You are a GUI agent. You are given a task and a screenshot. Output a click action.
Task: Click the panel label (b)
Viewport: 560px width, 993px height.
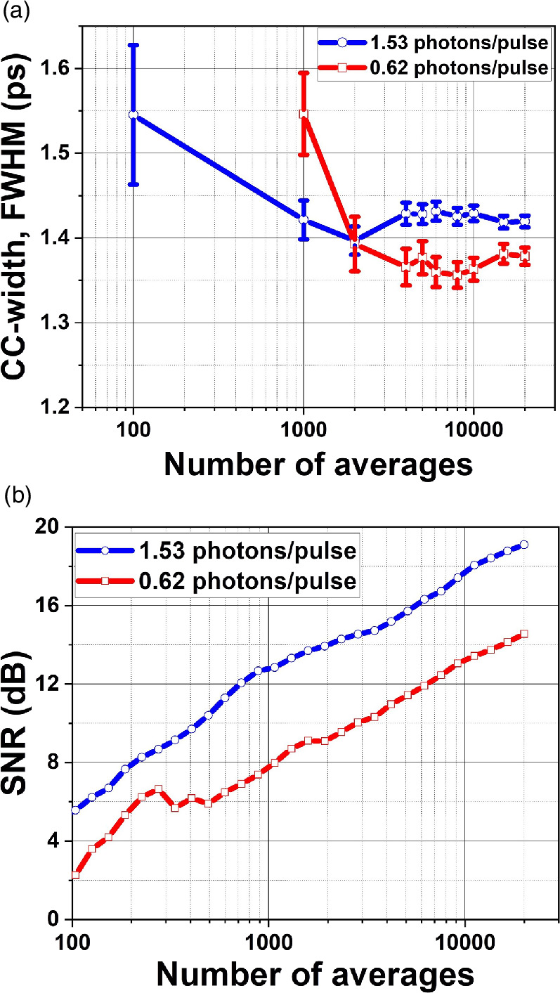click(14, 495)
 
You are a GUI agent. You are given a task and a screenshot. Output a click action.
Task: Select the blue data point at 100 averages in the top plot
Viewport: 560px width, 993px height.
click(133, 115)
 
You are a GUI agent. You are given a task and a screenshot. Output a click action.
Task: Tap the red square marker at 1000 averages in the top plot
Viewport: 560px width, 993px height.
click(304, 114)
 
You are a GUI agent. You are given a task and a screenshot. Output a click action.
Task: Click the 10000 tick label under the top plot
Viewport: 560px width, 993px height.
click(473, 429)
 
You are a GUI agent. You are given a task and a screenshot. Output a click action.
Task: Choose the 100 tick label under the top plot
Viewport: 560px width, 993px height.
click(133, 429)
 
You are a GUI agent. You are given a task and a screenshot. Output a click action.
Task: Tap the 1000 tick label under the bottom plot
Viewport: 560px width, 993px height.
click(268, 941)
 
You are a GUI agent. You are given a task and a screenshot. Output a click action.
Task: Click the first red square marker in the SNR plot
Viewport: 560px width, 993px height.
click(74, 875)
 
